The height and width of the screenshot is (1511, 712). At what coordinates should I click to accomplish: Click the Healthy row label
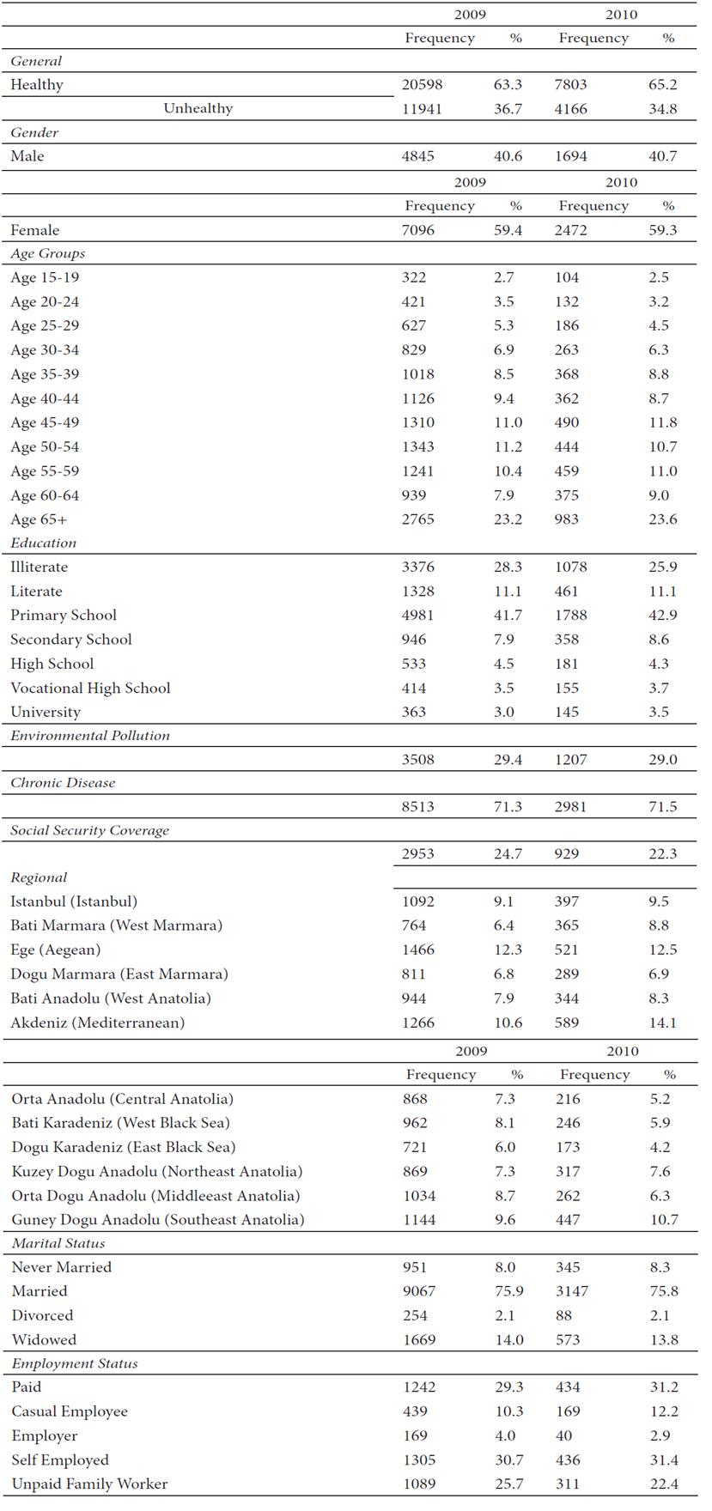click(37, 84)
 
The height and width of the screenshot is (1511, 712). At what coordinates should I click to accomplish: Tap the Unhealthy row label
click(198, 108)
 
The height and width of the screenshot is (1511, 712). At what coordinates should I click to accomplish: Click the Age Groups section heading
click(47, 253)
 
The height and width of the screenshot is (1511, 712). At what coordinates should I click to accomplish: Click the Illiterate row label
click(39, 567)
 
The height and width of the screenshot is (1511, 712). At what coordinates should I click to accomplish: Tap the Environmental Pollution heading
click(90, 735)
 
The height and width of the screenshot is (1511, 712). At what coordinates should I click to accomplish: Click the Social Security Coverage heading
click(90, 830)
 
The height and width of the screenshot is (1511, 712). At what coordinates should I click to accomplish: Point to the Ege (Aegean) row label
click(56, 950)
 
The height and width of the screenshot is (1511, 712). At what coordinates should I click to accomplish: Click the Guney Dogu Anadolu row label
click(158, 1219)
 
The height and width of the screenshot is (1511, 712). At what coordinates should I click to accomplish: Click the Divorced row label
click(42, 1315)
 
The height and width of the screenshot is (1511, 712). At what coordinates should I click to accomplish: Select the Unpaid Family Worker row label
click(89, 1484)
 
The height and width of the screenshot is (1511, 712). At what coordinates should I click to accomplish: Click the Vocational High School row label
click(90, 688)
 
